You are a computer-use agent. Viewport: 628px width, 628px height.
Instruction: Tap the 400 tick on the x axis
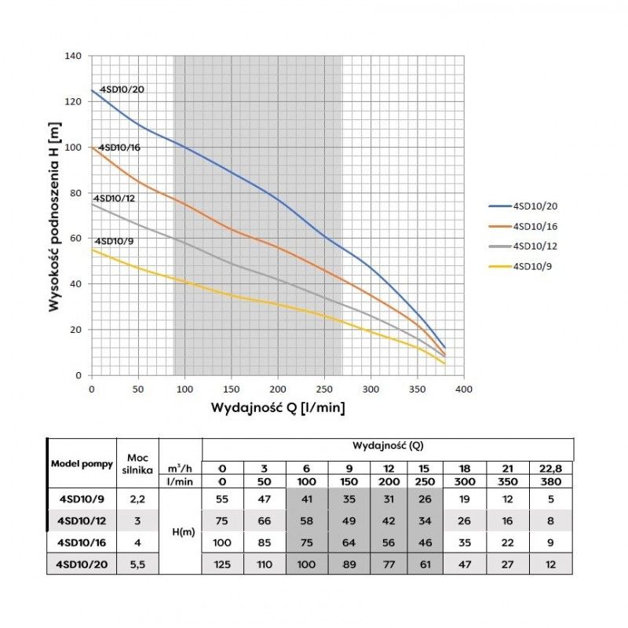coord(463,389)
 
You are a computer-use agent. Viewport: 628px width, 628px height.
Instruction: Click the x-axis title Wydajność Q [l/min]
coord(277,408)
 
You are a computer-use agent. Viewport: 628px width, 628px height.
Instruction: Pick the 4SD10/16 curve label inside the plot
coord(117,148)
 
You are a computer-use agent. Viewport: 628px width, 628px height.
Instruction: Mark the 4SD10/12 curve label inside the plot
coord(115,199)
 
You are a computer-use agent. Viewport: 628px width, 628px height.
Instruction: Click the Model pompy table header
coord(82,463)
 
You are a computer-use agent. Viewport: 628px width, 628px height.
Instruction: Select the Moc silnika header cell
coord(137,463)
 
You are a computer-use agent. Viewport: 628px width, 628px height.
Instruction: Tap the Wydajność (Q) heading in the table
coord(388,445)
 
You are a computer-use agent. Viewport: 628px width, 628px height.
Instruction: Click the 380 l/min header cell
coord(554,481)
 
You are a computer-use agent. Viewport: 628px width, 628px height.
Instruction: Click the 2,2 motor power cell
coord(137,497)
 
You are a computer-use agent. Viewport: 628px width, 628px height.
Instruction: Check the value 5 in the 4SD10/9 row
coord(554,497)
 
